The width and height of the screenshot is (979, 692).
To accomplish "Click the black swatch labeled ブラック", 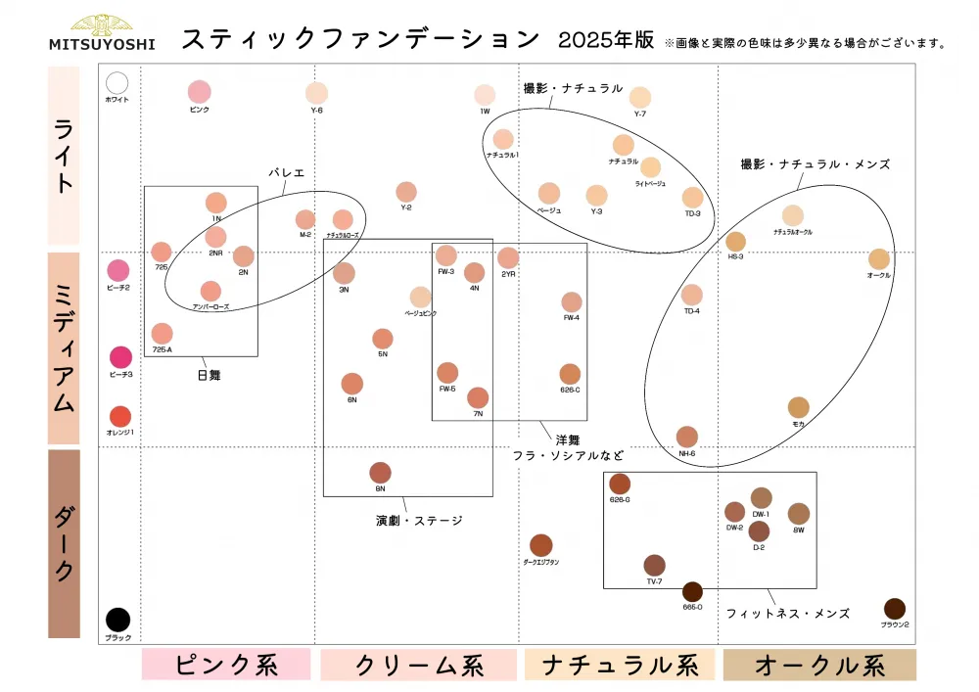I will (x=117, y=620).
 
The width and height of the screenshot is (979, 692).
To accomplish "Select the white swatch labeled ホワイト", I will (x=117, y=83).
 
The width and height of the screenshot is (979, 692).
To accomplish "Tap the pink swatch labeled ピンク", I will (x=200, y=92).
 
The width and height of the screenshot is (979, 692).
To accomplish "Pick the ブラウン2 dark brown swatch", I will (x=895, y=609).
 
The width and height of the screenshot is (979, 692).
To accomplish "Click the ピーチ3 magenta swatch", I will (x=120, y=357).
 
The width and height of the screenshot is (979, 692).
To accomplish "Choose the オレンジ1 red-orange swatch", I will (x=120, y=417).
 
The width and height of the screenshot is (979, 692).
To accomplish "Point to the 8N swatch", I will (x=380, y=473).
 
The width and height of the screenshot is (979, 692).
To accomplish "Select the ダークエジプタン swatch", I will (x=541, y=545).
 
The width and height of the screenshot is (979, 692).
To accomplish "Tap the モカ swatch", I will (x=799, y=407).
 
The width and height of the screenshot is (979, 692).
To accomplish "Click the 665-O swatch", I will (x=692, y=591).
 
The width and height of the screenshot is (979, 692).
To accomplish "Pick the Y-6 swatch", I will (x=316, y=93).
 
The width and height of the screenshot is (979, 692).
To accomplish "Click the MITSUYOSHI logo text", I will (x=102, y=43).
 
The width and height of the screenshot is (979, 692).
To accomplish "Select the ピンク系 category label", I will (x=226, y=665).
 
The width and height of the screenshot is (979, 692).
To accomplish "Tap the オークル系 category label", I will (x=819, y=665).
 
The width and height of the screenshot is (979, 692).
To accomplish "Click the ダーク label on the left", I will (x=64, y=543).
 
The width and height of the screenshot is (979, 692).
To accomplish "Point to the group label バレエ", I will (x=287, y=172).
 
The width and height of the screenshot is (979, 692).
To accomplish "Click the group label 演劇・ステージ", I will (x=419, y=521).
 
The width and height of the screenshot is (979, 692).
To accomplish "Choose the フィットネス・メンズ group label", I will (x=787, y=613).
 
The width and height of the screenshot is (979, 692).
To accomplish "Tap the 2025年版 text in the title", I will (x=606, y=40).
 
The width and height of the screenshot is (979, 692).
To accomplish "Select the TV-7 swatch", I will (x=654, y=565).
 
